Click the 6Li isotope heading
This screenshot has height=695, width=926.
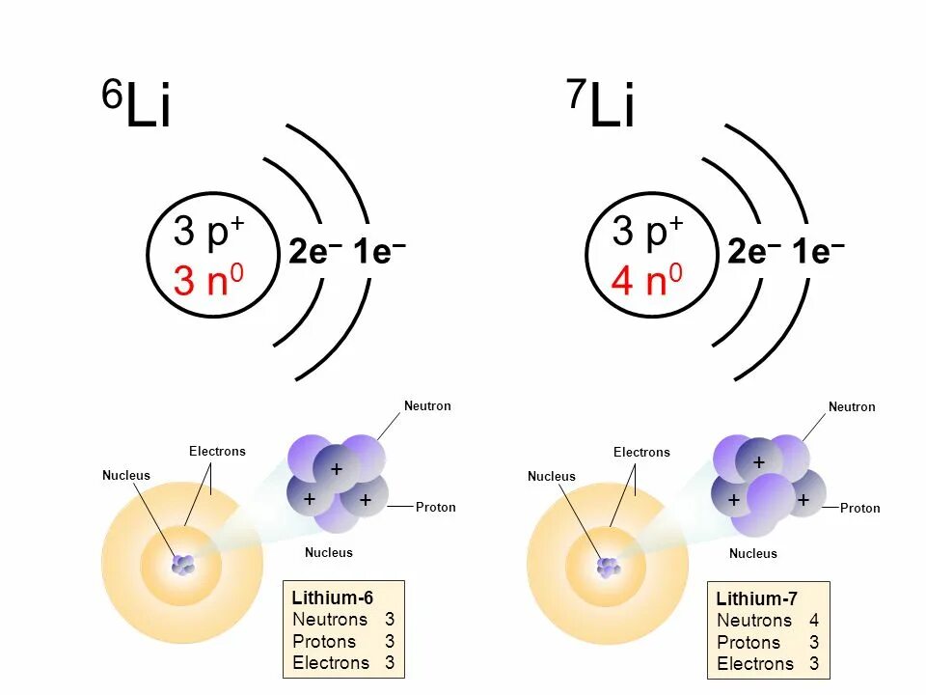[x=137, y=106]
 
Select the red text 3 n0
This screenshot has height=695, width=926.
[x=208, y=281]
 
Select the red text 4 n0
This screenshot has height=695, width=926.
[x=646, y=281]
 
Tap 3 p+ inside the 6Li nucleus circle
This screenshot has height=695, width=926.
[x=208, y=232]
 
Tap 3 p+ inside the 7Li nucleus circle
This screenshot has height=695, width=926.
[x=647, y=232]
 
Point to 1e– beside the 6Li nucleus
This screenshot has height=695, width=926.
[x=379, y=253]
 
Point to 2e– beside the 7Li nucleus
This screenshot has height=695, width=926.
[x=753, y=253]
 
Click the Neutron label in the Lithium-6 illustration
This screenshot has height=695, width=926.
[x=427, y=406]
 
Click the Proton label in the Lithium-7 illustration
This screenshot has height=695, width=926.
[x=859, y=508]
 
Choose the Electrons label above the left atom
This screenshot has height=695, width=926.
[x=217, y=451]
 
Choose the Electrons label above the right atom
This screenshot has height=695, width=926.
[x=641, y=452]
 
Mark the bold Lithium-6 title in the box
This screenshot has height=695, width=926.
[x=333, y=598]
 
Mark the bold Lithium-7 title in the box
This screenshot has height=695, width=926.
[x=757, y=598]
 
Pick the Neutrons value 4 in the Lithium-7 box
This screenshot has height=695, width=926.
[x=814, y=621]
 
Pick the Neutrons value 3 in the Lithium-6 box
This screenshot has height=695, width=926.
[x=390, y=620]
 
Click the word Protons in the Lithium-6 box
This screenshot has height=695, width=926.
[x=324, y=642]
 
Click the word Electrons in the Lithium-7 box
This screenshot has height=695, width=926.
[x=755, y=664]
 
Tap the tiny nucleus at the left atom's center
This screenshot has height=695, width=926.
[x=182, y=565]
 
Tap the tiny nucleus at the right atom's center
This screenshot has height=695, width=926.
[x=608, y=567]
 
